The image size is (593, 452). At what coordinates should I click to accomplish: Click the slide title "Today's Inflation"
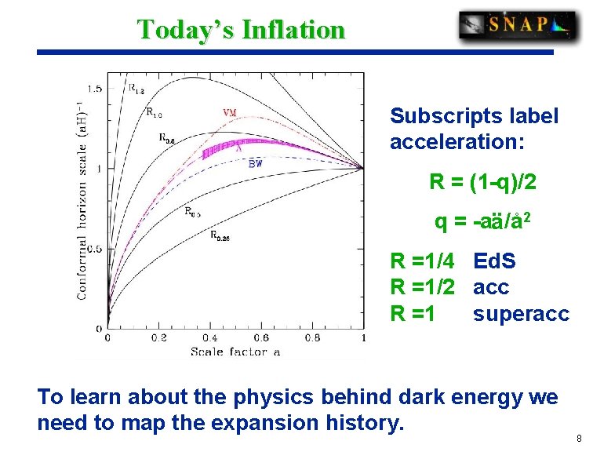coord(241,30)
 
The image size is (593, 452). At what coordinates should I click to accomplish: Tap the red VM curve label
coord(230,112)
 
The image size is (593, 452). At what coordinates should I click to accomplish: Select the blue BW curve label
coord(255,164)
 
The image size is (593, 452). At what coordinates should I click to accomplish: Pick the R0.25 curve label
coord(220,235)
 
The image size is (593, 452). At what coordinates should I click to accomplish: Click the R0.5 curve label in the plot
coord(192,211)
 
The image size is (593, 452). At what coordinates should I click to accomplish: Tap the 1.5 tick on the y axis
coord(93,89)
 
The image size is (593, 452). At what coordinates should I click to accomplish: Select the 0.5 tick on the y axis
coord(93,249)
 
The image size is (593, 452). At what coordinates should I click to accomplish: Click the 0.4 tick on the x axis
coord(209,338)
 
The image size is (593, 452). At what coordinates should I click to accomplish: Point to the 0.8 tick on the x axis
coord(311,338)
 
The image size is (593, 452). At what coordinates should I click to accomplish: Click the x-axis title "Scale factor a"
coord(235,352)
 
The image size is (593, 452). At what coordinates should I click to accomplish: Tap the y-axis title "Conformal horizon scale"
coord(81,201)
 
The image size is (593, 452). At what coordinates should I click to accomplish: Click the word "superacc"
coord(520,313)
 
